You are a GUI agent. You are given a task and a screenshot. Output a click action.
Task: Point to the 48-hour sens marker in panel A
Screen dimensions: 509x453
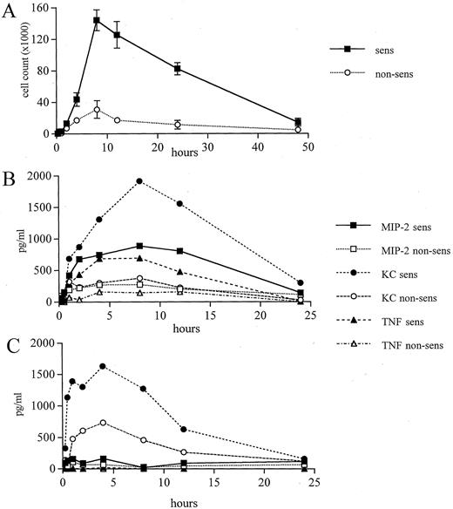[298, 123]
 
